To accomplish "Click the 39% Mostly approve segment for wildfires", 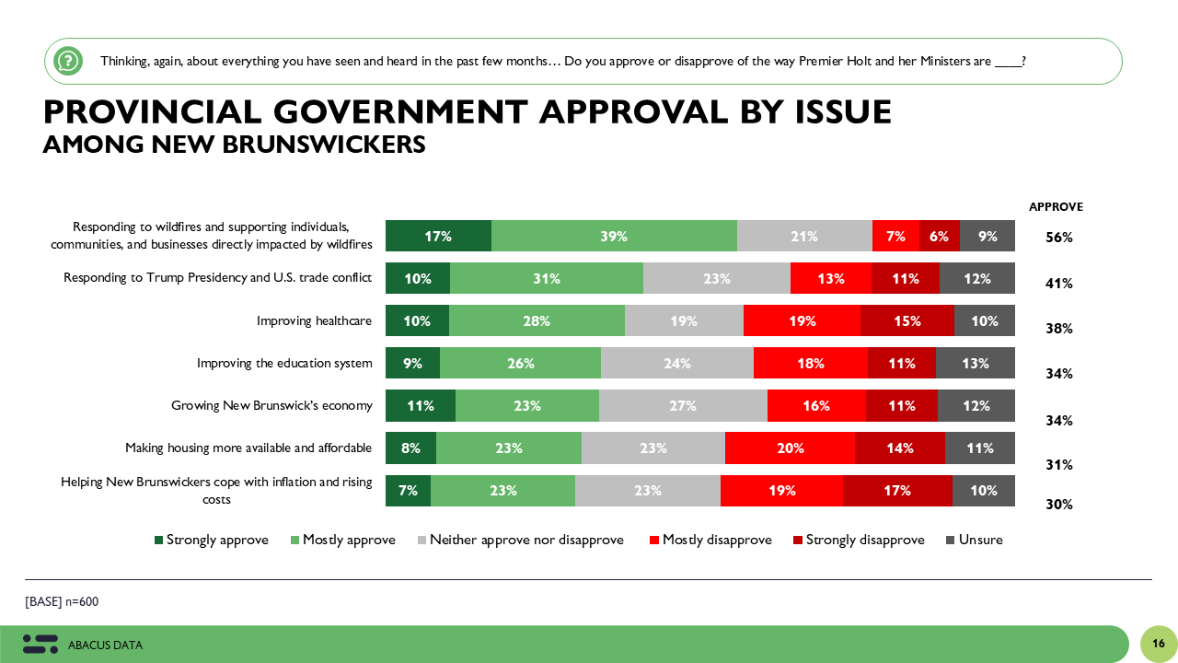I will click(x=614, y=236).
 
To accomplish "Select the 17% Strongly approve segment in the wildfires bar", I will click(x=438, y=236).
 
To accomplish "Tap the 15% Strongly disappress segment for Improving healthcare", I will click(x=907, y=320).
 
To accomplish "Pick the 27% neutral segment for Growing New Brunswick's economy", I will click(x=683, y=405).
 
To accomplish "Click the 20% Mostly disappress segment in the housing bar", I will click(x=790, y=448).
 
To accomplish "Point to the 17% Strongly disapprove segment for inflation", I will click(x=897, y=491).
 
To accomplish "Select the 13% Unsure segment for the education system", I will click(x=976, y=363).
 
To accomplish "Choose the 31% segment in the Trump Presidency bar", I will click(x=547, y=278).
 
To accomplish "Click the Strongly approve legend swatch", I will click(x=158, y=541).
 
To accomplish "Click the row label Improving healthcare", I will click(x=314, y=320).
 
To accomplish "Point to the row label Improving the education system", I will click(x=284, y=363).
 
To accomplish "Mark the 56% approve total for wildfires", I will click(x=1059, y=238).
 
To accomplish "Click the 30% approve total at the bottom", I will click(x=1059, y=505).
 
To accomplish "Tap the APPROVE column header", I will click(x=1056, y=207).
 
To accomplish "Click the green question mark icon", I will click(x=68, y=62).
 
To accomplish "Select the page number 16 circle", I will click(x=1159, y=644).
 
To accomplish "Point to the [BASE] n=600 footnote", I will click(x=62, y=602).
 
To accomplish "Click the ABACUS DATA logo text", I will click(x=105, y=646).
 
